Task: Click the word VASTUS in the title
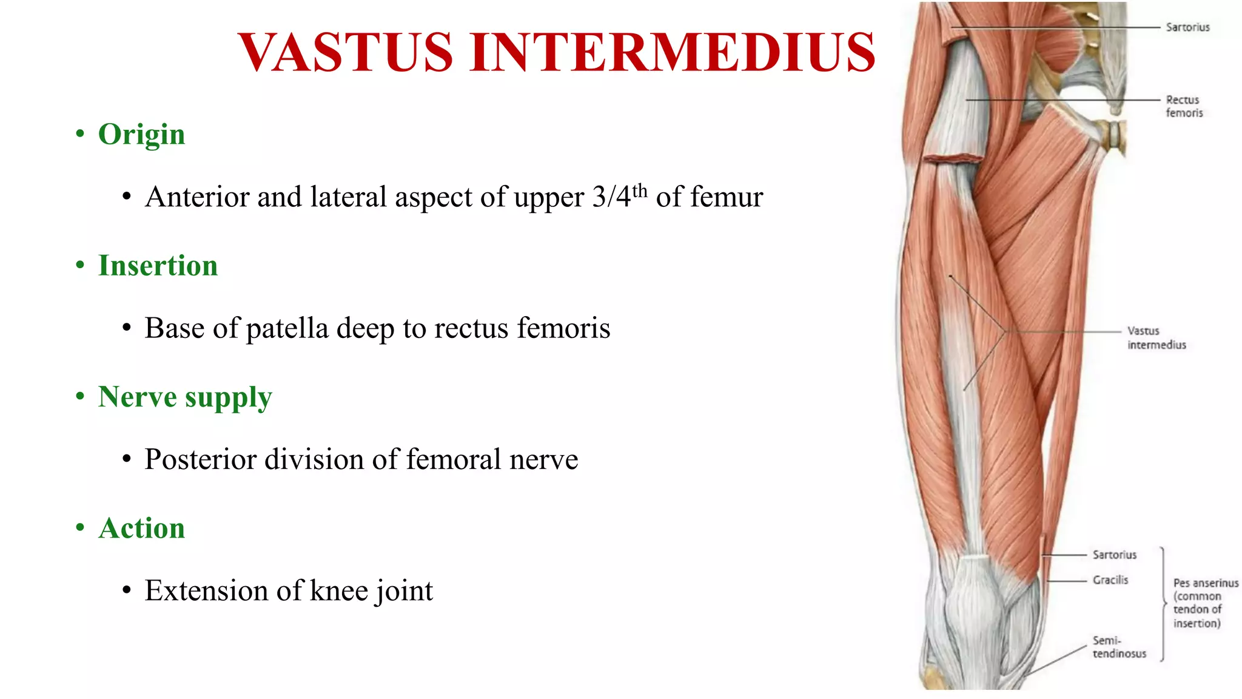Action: (x=345, y=52)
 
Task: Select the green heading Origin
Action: (x=141, y=134)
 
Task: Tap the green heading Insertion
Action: (x=158, y=266)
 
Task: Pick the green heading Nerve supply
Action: (x=185, y=397)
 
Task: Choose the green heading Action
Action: (x=141, y=528)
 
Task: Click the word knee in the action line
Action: (x=339, y=590)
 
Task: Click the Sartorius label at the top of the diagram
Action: (x=1187, y=27)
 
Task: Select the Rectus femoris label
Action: (x=1184, y=106)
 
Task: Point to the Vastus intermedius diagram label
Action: (x=1156, y=338)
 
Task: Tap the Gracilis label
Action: (x=1110, y=580)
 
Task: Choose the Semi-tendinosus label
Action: (x=1119, y=647)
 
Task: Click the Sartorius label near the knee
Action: (x=1114, y=555)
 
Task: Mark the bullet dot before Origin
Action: (x=80, y=134)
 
